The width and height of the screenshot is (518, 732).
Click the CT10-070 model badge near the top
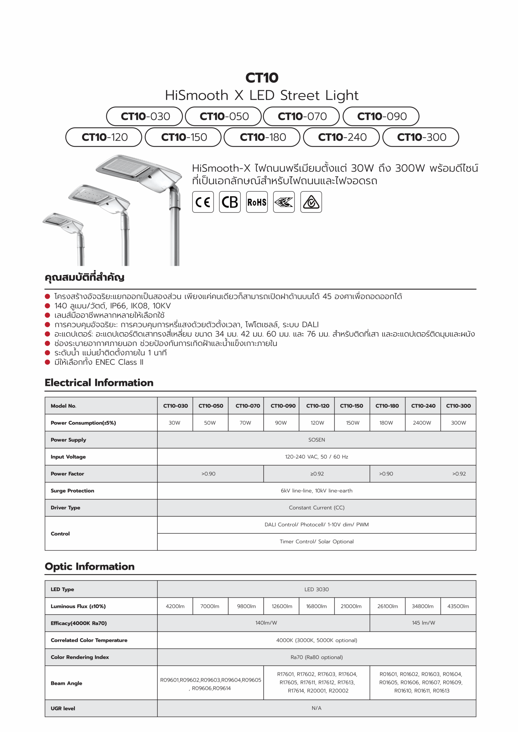[x=302, y=116]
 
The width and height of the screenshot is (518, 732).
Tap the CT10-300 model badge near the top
[x=421, y=137]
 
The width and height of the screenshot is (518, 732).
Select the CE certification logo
[x=203, y=202]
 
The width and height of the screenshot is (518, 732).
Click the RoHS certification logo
[x=257, y=202]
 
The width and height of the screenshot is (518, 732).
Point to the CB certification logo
[x=230, y=202]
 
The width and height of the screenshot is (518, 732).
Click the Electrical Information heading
[x=99, y=383]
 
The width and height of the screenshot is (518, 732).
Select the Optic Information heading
[x=90, y=566]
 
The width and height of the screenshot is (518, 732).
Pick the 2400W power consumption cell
[x=422, y=423]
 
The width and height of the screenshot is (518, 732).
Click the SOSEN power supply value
[x=316, y=440]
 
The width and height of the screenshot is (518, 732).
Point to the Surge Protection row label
[x=72, y=491]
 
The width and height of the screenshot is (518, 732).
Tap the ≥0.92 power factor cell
[x=317, y=474]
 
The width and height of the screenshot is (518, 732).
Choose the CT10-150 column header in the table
[x=351, y=406]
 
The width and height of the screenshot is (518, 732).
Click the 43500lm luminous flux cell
[x=458, y=606]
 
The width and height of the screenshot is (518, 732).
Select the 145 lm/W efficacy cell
[x=423, y=623]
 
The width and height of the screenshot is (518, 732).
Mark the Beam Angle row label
[x=66, y=683]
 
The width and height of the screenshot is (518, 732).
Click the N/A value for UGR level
[x=316, y=708]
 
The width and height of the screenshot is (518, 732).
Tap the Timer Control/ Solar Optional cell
[x=316, y=542]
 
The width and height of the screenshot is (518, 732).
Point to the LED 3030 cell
[x=316, y=589]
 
